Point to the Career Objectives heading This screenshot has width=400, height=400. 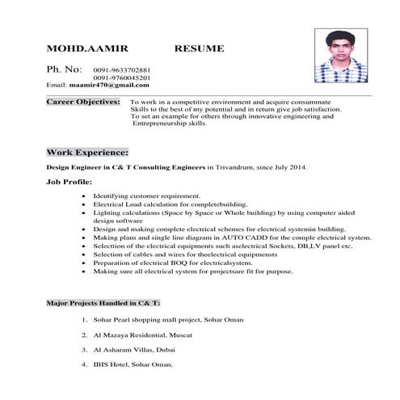tap(83, 103)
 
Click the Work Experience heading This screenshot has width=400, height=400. tap(86, 152)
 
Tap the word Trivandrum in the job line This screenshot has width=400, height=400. tap(234, 168)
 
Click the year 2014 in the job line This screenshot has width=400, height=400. tap(295, 168)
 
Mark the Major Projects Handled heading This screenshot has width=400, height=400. tap(103, 303)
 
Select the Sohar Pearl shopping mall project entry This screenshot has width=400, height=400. tap(167, 321)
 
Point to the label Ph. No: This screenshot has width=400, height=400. tap(65, 70)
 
